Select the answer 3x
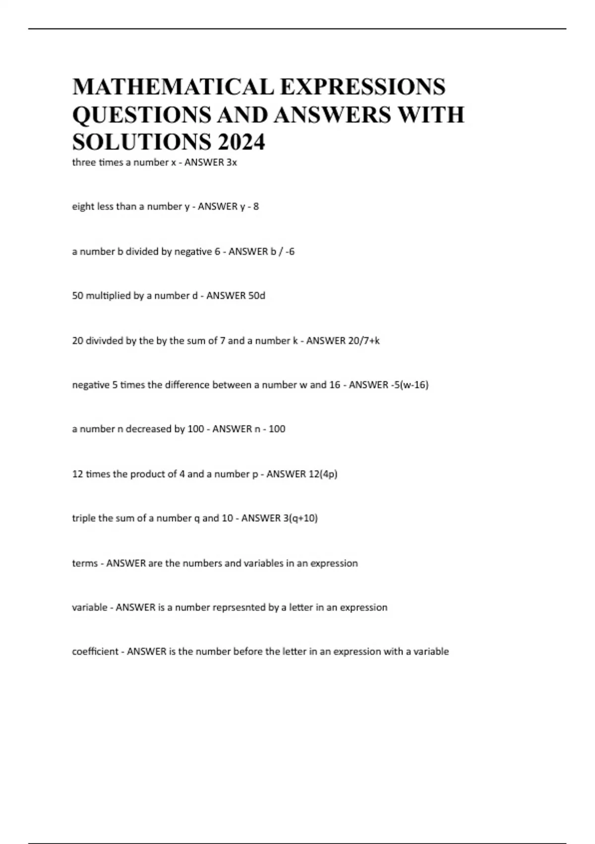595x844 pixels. (x=232, y=162)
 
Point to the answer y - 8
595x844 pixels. (x=249, y=207)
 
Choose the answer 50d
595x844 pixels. (x=256, y=295)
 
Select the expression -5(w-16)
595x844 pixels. (x=410, y=385)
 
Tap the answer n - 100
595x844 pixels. (x=270, y=429)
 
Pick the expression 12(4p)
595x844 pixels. (x=323, y=474)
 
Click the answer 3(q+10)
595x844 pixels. (x=300, y=518)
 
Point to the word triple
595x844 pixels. (x=84, y=518)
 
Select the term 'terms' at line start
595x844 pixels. (x=85, y=563)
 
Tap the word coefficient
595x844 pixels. (x=95, y=651)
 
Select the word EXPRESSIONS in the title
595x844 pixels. (x=362, y=87)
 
